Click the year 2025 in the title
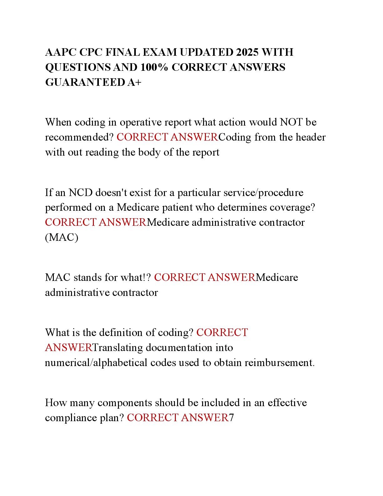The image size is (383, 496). tap(247, 52)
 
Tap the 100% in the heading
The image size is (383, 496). tap(154, 67)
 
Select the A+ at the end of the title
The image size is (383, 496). tap(135, 82)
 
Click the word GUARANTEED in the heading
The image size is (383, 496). tap(85, 82)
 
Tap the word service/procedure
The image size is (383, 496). tap(263, 193)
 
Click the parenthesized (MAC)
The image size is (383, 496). tap(62, 237)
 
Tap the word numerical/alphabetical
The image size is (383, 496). tap(96, 363)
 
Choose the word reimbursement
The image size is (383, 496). tap(280, 363)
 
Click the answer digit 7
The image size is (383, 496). tap(231, 418)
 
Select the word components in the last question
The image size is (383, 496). tap(125, 403)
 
